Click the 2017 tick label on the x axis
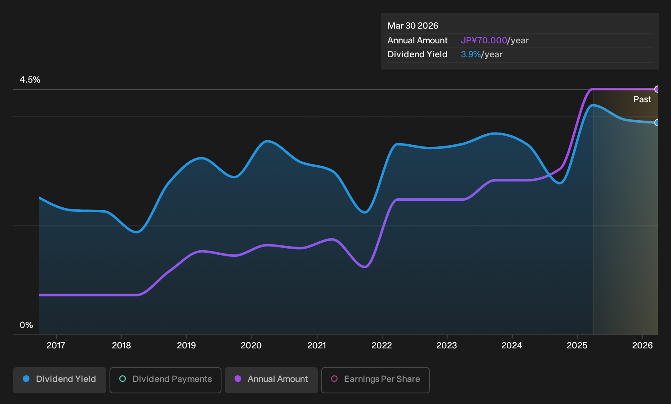(56, 346)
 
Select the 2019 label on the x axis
(186, 346)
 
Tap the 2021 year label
(317, 346)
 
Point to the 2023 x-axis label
(447, 346)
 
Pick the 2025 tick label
(577, 346)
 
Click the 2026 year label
(642, 346)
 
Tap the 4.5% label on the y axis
(30, 80)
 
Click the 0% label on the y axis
(27, 325)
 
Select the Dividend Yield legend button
(60, 380)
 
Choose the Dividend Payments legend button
(166, 380)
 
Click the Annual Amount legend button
(271, 380)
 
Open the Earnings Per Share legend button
(375, 380)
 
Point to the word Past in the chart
(642, 99)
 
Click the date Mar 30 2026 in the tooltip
(413, 26)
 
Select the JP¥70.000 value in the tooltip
(484, 40)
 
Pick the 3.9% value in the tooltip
(471, 54)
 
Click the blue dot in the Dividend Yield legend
(27, 379)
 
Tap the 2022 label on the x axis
(382, 346)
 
